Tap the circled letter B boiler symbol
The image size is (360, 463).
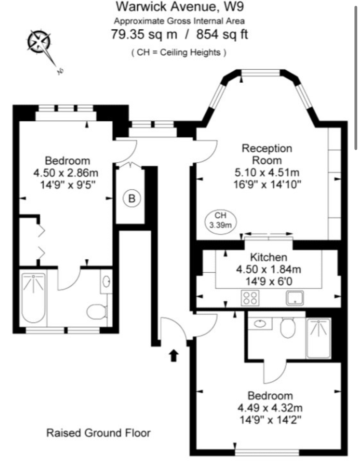(x=132, y=198)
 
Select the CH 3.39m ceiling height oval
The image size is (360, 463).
(x=220, y=222)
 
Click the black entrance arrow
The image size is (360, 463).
(x=174, y=355)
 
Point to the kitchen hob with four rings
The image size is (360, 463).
(x=250, y=298)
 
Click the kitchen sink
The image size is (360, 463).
(x=295, y=298)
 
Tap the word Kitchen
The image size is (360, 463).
(x=269, y=257)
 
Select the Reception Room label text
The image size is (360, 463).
(x=267, y=154)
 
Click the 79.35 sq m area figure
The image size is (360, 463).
(x=144, y=34)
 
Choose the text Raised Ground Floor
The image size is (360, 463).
(x=99, y=433)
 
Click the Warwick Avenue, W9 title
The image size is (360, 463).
(x=180, y=6)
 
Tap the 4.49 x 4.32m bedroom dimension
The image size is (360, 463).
(x=270, y=408)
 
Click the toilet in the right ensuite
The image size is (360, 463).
(x=288, y=328)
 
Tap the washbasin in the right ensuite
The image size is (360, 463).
(x=260, y=324)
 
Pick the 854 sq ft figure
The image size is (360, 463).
(x=222, y=34)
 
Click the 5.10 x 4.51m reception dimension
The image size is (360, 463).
(x=267, y=173)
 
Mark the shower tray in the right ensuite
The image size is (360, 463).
(x=318, y=338)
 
